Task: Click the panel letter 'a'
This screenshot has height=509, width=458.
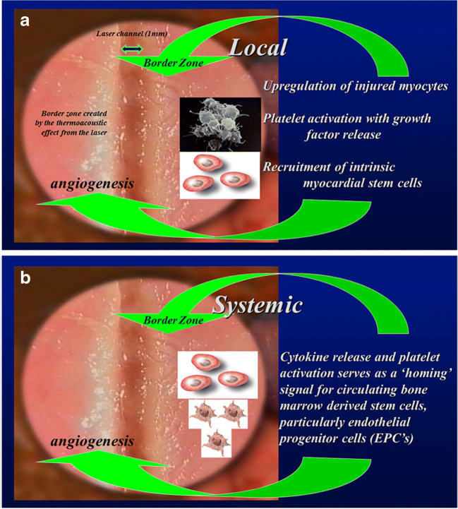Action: pos(25,21)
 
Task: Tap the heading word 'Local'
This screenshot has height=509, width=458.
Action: pos(258,47)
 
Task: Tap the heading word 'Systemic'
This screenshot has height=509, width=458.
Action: pos(258,305)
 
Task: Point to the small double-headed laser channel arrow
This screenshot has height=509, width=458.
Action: pos(132,48)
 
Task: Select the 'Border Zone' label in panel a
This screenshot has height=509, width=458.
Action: pos(174,63)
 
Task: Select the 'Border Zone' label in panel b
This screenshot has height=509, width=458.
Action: pos(174,321)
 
